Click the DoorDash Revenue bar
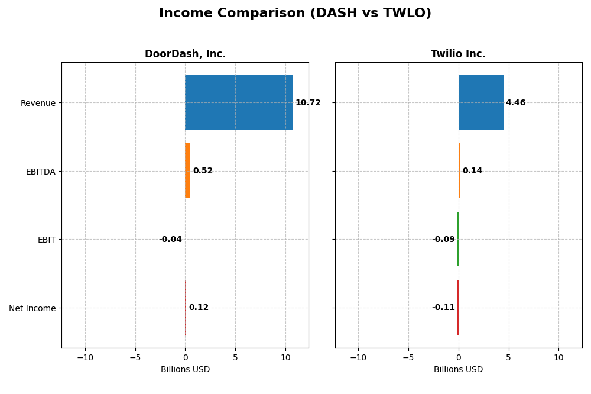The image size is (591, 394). (239, 102)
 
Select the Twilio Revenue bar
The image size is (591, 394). (480, 102)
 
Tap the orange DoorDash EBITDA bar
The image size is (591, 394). (187, 171)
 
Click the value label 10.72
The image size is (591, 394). (308, 103)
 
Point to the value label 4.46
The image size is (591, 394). (515, 103)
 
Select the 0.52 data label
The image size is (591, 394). (203, 171)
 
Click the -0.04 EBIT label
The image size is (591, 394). (170, 240)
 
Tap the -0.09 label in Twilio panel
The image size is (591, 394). (443, 240)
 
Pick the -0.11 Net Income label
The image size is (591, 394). (443, 308)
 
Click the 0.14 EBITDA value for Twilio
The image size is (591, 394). (472, 171)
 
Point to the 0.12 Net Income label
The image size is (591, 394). (199, 308)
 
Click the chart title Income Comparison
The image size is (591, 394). (295, 14)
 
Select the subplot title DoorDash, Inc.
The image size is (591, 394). (185, 54)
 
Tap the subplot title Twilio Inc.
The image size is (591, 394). (458, 54)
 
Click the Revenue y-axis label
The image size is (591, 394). (38, 103)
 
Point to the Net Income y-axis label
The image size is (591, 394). (32, 308)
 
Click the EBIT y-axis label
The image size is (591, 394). (46, 240)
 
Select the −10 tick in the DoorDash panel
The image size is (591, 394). (85, 357)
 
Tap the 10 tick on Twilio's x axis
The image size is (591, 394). (558, 357)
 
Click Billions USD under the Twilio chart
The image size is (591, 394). (458, 370)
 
